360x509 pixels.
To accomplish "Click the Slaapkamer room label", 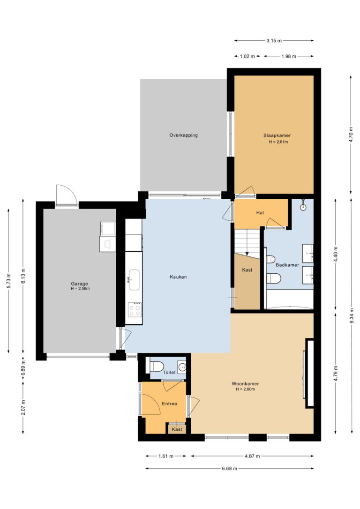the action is (277, 135).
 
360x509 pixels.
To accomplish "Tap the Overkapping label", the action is (183, 135).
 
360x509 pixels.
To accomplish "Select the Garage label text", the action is (80, 284).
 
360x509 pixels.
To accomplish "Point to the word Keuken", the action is (178, 277).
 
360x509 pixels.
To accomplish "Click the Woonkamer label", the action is (245, 384).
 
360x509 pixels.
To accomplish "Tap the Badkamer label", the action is (287, 265).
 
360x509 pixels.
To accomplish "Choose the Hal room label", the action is (260, 213).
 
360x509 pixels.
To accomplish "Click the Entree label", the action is (169, 404).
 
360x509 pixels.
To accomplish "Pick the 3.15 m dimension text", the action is (274, 41).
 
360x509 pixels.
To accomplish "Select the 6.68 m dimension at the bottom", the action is (230, 468).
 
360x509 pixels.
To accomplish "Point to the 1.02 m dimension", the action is (247, 56).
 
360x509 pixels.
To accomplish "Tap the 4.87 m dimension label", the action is (252, 456).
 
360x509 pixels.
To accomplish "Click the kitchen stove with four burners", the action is (135, 309).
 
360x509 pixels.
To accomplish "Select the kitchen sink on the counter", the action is (134, 279).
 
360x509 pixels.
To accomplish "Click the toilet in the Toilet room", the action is (156, 366).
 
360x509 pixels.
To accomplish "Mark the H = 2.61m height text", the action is (278, 142).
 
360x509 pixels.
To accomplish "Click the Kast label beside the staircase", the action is (247, 270).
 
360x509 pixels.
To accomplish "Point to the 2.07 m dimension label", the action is (23, 407).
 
